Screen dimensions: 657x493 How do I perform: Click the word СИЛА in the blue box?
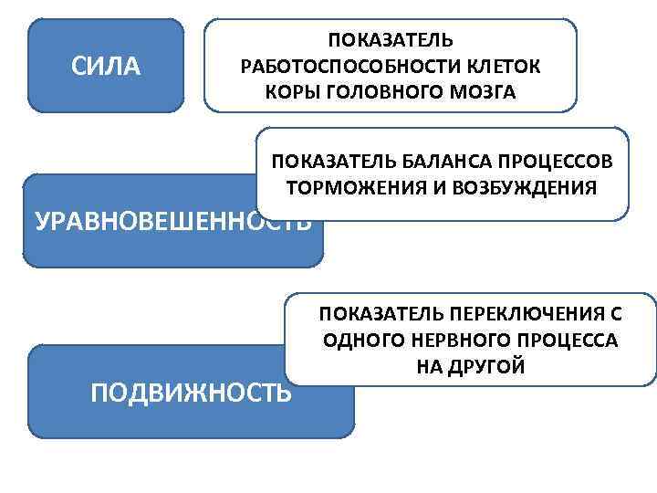pos(106,66)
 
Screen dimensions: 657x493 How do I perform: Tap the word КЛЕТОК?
pos(500,67)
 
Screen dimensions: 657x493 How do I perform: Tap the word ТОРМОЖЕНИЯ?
pos(353,189)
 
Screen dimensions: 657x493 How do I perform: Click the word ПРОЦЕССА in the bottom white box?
pos(565,341)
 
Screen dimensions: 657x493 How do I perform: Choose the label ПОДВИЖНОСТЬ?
pos(192,392)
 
